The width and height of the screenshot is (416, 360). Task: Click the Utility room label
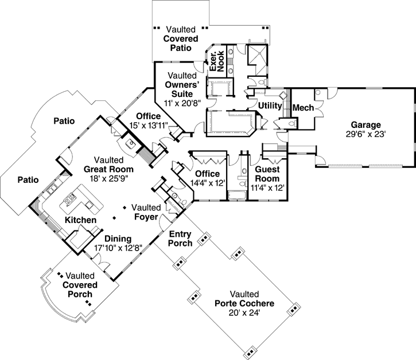(269, 106)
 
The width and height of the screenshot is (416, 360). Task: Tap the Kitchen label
(80, 220)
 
